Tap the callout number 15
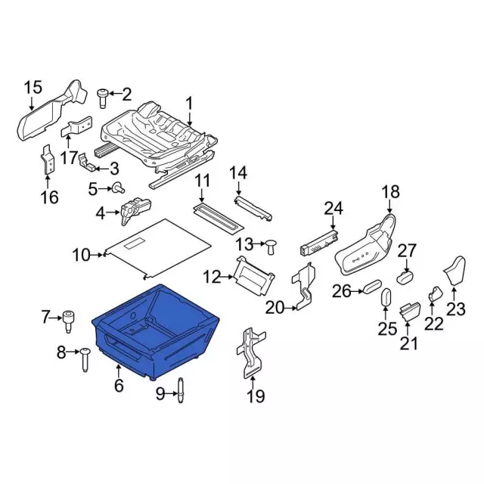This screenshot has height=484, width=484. pyautogui.click(x=33, y=88)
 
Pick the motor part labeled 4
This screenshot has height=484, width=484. pyautogui.click(x=135, y=211)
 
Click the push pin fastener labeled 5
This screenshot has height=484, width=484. pyautogui.click(x=118, y=188)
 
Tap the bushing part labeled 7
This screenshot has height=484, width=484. pyautogui.click(x=69, y=322)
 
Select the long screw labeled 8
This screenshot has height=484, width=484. pyautogui.click(x=85, y=360)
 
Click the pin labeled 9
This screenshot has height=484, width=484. pyautogui.click(x=181, y=390)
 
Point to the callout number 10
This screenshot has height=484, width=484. pyautogui.click(x=82, y=256)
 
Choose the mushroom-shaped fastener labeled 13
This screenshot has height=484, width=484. pyautogui.click(x=271, y=247)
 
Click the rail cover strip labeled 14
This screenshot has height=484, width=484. pyautogui.click(x=253, y=209)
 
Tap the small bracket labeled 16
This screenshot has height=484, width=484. pyautogui.click(x=48, y=160)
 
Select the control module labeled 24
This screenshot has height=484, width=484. pyautogui.click(x=319, y=242)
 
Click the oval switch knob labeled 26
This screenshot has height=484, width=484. pyautogui.click(x=372, y=287)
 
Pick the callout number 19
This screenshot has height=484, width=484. pyautogui.click(x=256, y=396)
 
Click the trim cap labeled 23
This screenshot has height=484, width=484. pyautogui.click(x=455, y=270)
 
